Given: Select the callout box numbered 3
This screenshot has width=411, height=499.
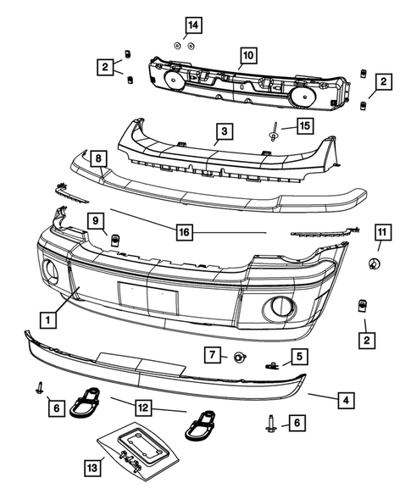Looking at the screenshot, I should (224, 132).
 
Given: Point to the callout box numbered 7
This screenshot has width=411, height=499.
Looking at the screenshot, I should (214, 353).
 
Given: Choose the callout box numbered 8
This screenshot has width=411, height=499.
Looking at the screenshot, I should (98, 158).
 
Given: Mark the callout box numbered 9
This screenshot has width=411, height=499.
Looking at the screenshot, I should (97, 223).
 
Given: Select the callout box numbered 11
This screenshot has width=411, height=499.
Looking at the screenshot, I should (381, 230).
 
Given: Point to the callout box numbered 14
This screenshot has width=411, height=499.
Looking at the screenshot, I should (192, 25).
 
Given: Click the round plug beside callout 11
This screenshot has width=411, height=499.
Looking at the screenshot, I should (374, 266).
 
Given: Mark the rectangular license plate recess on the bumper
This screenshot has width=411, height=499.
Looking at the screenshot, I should (147, 297).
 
